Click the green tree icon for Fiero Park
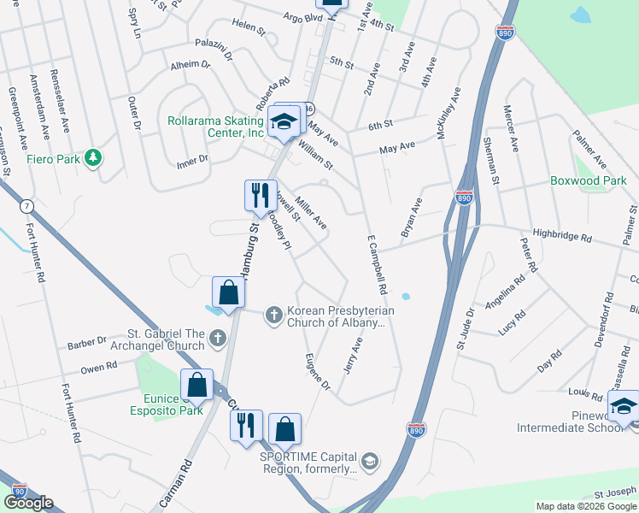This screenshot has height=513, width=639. [x=93, y=158]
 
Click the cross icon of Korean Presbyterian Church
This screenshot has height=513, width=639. [x=274, y=316]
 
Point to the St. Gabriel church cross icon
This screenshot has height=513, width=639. [x=218, y=339]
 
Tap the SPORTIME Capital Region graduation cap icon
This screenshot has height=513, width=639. [x=369, y=462]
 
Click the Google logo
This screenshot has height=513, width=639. [x=28, y=503]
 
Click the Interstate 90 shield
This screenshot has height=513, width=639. [x=20, y=491]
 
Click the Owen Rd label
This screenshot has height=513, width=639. [x=98, y=367]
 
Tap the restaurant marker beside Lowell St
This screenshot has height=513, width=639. [x=260, y=196]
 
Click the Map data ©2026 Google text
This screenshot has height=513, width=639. [x=586, y=506]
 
